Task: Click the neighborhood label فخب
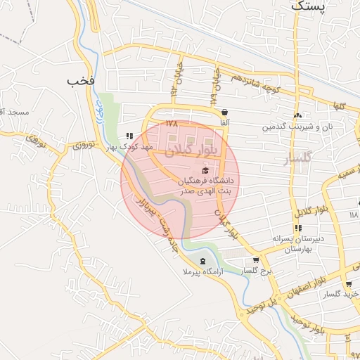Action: pos(81,81)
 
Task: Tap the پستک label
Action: pos(308,6)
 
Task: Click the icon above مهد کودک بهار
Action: pos(129,136)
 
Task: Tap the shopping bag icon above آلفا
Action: pos(224,112)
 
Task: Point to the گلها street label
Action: pos(340,105)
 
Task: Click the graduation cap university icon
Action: pos(205,170)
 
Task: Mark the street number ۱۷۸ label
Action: pos(172,123)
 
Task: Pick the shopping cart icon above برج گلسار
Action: pos(256,259)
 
